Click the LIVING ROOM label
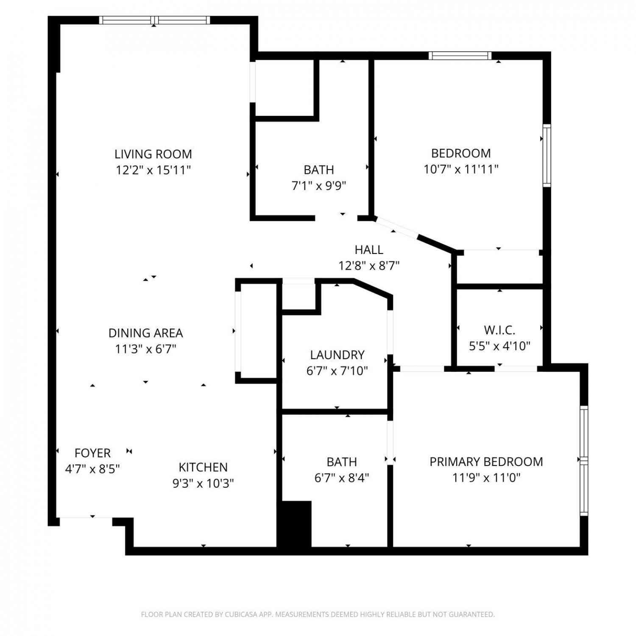pos(153,154)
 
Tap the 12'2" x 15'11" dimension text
pos(153,170)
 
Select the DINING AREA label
pos(145,333)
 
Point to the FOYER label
pos(92,453)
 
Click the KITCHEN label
pos(203,467)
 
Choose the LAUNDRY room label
pos(337,354)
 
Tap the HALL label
pos(369,250)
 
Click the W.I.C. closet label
pos(499,330)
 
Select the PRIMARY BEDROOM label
pos(486,461)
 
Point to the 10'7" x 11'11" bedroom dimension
pos(461,169)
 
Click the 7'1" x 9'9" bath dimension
pos(319,186)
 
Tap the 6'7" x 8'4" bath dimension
pos(342,478)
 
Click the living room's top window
pos(155,20)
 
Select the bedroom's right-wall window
pos(547,155)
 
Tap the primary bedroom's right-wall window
pos(584,460)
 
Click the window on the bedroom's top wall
pos(460,56)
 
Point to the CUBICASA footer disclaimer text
pos(318,614)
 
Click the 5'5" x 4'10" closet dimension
pos(499,346)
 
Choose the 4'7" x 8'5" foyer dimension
pos(92,469)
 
